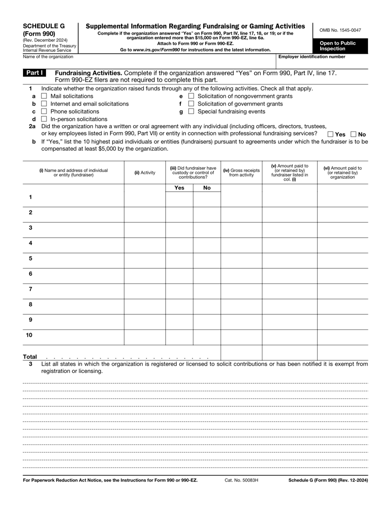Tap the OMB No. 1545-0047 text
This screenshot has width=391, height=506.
click(x=340, y=30)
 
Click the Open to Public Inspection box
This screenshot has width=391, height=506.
click(x=340, y=46)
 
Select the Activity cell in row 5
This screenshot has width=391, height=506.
click(x=145, y=258)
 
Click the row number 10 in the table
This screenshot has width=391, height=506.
click(x=29, y=335)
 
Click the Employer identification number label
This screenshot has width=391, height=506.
click(x=311, y=57)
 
